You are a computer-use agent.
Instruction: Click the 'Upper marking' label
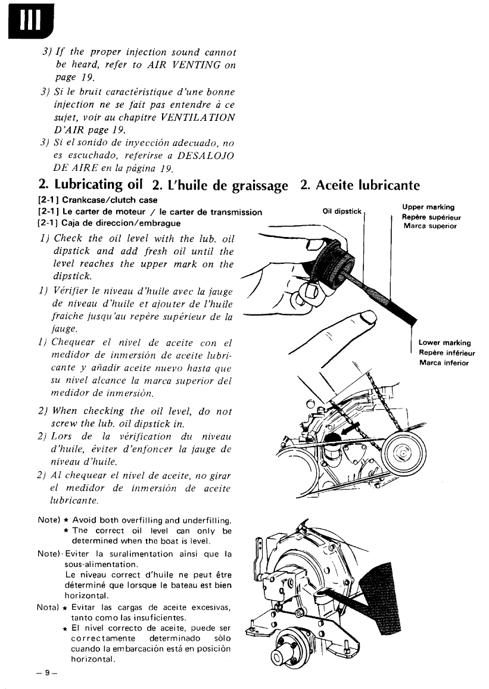click(x=429, y=207)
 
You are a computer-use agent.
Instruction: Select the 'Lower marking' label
click(x=444, y=342)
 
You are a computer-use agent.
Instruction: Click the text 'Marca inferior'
click(x=444, y=363)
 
